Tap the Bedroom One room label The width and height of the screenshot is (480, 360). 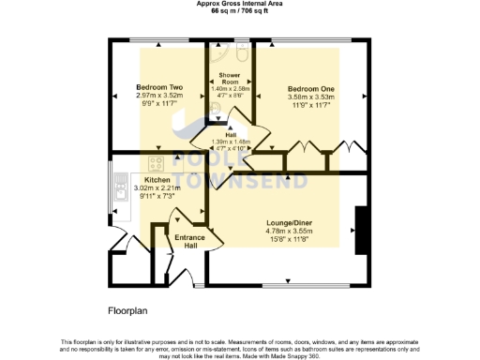[310, 87]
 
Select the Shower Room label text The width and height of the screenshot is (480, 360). [230, 77]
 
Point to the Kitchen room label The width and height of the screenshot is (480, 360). [157, 179]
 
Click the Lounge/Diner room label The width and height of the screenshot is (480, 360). [289, 222]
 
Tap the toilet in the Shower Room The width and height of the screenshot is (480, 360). [242, 55]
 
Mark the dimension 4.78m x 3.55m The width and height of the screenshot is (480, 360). [289, 231]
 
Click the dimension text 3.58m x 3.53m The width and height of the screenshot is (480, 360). [310, 96]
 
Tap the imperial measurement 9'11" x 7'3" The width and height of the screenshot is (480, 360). [157, 196]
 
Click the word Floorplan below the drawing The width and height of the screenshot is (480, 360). [125, 308]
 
